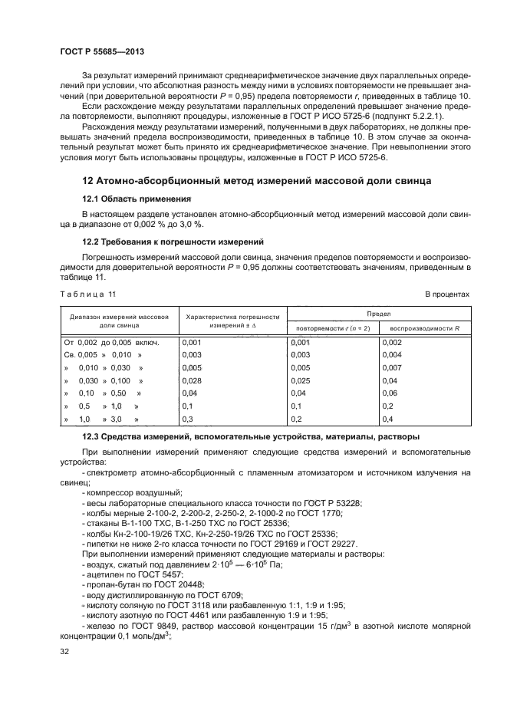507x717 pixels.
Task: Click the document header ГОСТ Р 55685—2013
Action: coord(102,51)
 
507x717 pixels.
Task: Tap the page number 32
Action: coord(65,651)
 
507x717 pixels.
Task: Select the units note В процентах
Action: coord(447,294)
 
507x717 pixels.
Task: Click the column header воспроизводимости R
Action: coord(425,327)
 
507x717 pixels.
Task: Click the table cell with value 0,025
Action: coord(302,380)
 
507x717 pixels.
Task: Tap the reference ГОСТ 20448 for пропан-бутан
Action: coord(176,584)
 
